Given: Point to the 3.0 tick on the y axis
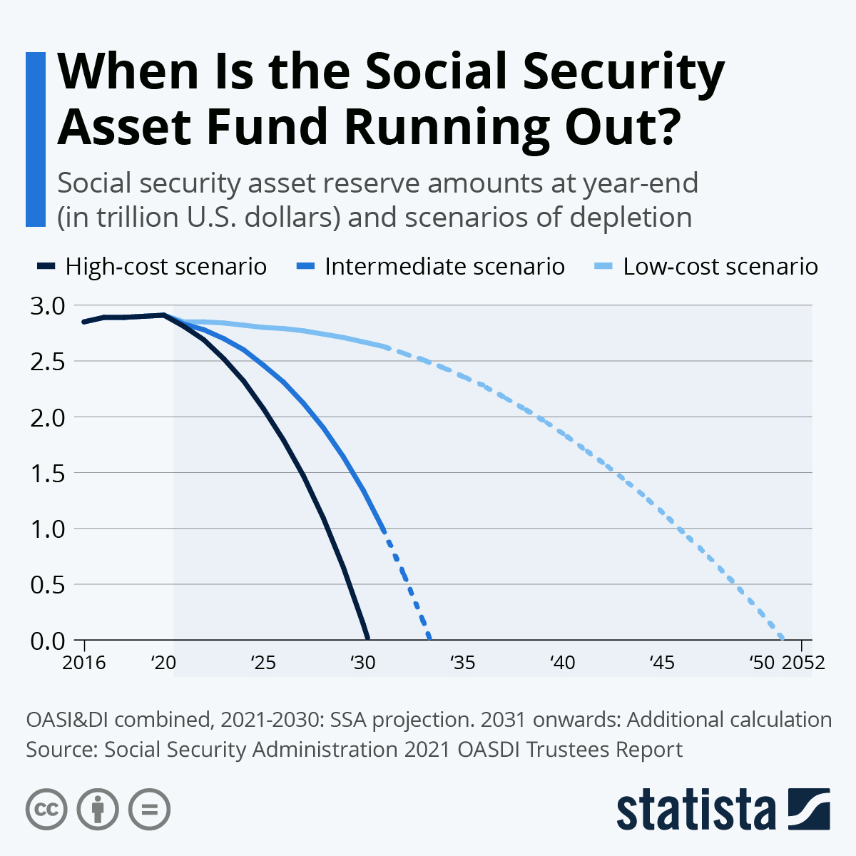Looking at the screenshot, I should tap(48, 305).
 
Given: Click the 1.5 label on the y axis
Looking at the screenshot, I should tap(48, 473).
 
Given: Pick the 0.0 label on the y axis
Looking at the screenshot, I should tap(48, 641).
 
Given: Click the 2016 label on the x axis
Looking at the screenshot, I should tap(84, 663).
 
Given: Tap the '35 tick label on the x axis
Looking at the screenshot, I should tap(462, 663).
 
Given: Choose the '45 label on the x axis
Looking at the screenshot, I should tap(662, 663).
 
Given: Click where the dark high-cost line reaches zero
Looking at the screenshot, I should tap(367, 639).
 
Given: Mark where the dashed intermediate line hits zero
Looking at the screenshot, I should tap(429, 639).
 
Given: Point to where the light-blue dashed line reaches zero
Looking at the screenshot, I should tap(782, 639).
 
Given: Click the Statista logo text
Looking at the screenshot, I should tap(695, 810).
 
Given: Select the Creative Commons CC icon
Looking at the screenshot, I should tap(46, 810).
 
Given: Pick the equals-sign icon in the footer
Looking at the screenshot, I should tap(149, 810).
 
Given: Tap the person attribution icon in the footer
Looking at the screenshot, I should tap(98, 810).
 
